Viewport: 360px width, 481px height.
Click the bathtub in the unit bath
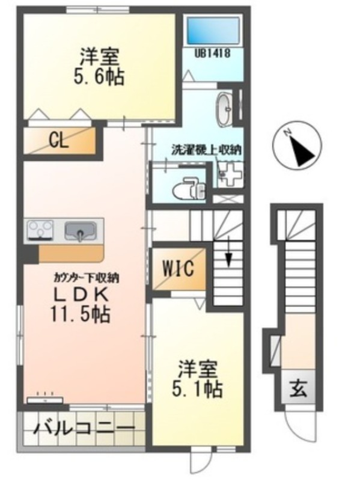coord(213,29)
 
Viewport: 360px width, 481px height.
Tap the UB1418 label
coord(211,54)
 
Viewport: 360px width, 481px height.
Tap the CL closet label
coord(58,142)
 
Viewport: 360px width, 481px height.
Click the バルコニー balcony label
coord(84,429)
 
